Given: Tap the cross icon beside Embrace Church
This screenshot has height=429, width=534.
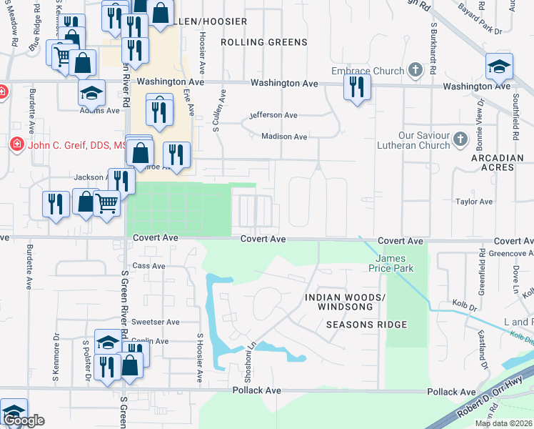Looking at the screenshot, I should pos(416,70).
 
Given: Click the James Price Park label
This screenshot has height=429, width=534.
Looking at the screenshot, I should pos(391,263).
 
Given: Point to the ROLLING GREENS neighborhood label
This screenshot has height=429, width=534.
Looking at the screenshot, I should pos(263,42).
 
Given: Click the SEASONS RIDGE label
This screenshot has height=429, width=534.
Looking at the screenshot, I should pos(366,325).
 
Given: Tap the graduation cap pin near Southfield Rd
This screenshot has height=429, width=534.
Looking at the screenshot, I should pos(499,66).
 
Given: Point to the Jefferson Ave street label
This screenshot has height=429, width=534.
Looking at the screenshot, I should pos(273,114).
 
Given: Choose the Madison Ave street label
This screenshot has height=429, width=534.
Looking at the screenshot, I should pos(284,137).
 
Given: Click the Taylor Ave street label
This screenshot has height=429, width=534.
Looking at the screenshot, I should pos(474,202).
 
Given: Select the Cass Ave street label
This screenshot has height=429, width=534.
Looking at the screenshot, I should pos(148,266).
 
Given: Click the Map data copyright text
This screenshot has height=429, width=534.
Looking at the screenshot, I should pos(503,423).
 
